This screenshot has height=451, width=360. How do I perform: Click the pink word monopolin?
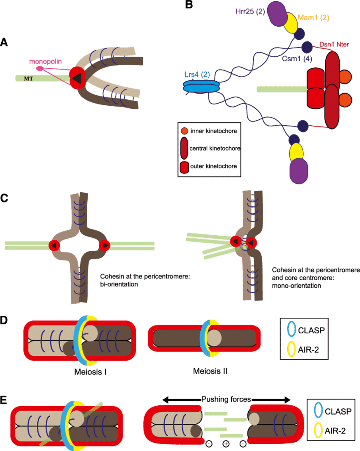click(45, 61)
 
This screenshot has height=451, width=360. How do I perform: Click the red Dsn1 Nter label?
click(334, 44)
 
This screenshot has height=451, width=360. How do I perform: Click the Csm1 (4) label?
click(297, 59)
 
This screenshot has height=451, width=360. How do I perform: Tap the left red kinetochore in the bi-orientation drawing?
click(55, 245)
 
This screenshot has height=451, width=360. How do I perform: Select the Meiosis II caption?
click(210, 371)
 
